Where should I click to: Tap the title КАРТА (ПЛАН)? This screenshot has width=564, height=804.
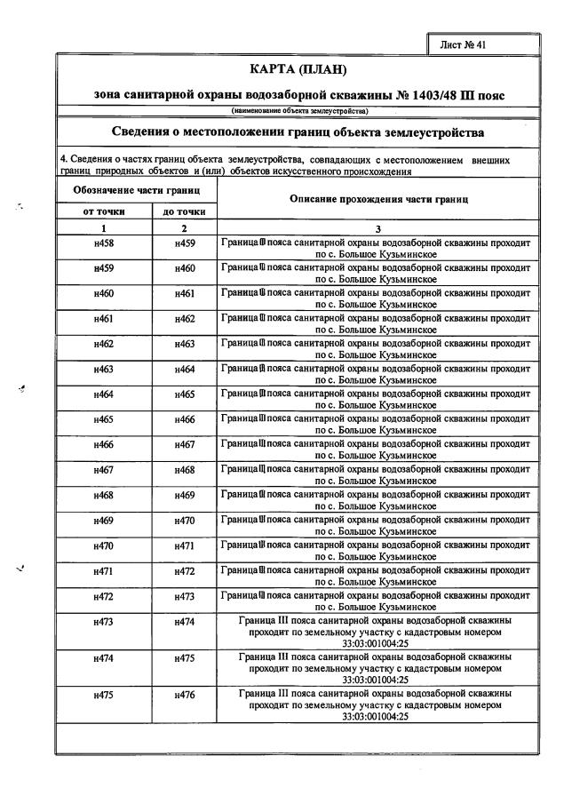302,69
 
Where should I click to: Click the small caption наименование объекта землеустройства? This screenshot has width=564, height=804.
300,111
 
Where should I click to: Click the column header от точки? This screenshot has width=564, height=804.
104,211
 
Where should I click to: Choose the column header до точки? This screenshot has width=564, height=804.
185,211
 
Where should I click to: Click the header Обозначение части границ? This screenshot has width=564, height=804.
136,190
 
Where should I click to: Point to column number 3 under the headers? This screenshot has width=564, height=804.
378,228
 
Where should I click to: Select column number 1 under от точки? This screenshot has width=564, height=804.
104,228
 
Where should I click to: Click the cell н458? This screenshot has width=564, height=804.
104,243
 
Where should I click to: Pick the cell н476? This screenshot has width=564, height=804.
185,696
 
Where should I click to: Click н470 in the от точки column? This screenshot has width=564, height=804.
104,545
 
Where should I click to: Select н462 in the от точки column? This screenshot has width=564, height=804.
104,343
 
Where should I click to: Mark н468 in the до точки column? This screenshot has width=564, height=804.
185,469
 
